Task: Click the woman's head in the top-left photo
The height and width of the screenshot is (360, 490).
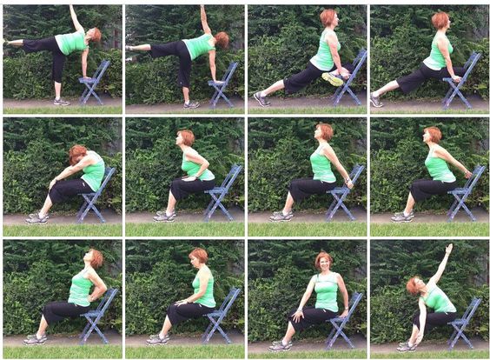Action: [x=95, y=36]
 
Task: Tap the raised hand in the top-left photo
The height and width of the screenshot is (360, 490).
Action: [x=71, y=8]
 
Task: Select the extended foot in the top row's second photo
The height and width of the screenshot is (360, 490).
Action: [x=131, y=47]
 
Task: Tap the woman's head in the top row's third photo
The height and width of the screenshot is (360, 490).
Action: [x=328, y=18]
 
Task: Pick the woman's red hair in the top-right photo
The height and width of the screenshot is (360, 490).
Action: [x=441, y=19]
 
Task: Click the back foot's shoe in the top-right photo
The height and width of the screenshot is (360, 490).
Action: [x=376, y=100]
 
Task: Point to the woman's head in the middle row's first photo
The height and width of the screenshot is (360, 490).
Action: [x=76, y=155]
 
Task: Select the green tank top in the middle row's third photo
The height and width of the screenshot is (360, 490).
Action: [x=323, y=166]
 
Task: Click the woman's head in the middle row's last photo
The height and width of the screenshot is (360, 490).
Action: [x=433, y=136]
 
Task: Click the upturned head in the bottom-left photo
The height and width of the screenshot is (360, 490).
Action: [x=94, y=257]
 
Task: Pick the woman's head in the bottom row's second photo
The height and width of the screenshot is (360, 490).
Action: [x=200, y=257]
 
